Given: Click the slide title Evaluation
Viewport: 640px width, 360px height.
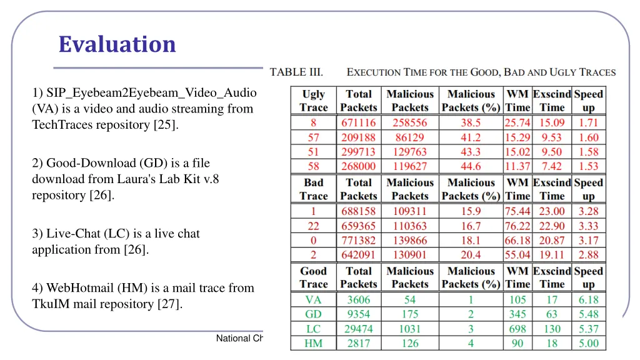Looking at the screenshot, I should point(117,44).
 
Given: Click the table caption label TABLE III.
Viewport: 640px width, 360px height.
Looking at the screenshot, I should point(296,72).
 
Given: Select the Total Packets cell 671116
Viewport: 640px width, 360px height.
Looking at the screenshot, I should point(358,123).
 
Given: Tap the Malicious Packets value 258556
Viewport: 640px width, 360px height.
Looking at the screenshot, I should point(410,123).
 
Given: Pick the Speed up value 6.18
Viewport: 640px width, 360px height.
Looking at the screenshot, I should point(588,300).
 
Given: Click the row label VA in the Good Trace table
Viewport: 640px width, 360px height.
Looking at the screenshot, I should point(313,300).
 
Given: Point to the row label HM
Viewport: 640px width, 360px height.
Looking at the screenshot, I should point(313,343).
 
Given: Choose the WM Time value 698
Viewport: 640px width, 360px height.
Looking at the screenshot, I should point(517,329).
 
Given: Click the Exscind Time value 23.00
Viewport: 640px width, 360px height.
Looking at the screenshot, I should point(552,211).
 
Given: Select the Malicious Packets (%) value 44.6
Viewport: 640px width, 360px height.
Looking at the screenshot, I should point(471,166).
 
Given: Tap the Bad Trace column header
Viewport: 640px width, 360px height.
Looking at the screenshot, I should point(313,189).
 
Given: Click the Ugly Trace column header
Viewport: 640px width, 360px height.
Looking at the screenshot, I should point(313,101).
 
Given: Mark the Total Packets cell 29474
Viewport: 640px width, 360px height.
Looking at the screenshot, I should point(358,329).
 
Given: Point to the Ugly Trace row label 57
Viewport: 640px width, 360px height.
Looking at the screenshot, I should point(313,137).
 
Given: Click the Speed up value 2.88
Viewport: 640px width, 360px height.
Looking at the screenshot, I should point(588,255).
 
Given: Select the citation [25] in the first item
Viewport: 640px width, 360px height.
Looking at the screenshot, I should point(166,125).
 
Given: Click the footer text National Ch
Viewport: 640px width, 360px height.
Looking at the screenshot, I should point(240,339).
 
